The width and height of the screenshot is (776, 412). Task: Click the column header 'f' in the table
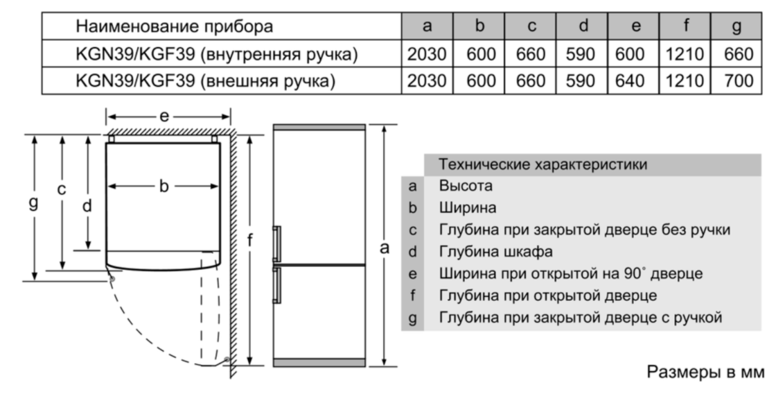(685, 25)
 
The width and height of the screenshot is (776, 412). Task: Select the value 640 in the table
(630, 80)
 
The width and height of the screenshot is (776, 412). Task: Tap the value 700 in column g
(739, 80)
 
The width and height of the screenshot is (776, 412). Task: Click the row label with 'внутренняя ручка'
(216, 54)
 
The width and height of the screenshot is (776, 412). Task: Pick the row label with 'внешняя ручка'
(205, 80)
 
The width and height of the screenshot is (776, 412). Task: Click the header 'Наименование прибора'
(174, 26)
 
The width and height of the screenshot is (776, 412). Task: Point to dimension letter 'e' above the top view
(164, 117)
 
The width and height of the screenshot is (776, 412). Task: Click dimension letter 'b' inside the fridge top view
(164, 186)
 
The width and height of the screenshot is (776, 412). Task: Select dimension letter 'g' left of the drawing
(33, 203)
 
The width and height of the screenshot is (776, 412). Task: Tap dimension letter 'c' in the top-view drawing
(62, 189)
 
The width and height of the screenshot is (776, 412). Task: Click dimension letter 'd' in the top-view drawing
(87, 205)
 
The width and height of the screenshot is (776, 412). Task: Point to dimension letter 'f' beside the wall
(250, 241)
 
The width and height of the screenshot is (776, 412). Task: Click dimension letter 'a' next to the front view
(385, 248)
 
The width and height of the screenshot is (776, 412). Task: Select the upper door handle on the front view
(276, 243)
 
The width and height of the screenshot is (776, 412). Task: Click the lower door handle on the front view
(276, 285)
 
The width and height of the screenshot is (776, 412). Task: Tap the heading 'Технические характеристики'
(543, 164)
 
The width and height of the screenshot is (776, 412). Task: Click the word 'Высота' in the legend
(466, 186)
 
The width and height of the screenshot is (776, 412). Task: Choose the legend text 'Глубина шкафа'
(496, 252)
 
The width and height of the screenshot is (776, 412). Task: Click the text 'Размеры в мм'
(706, 372)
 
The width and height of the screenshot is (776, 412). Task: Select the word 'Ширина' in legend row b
(468, 208)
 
